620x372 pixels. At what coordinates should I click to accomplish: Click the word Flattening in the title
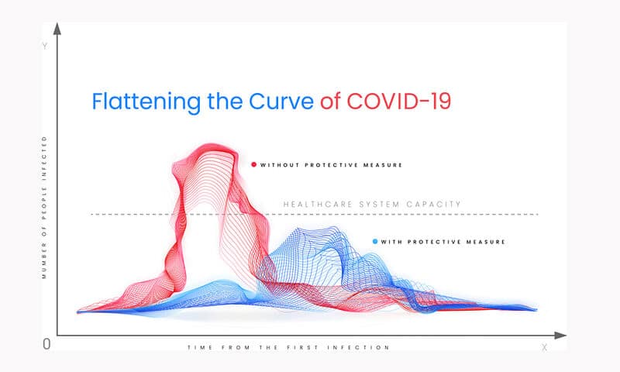tap(146, 102)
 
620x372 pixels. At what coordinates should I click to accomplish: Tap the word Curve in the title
tap(281, 102)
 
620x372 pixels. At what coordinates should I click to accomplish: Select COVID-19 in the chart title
tap(399, 102)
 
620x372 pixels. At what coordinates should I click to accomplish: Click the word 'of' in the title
tap(330, 102)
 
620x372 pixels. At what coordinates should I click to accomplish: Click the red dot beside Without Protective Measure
tap(254, 164)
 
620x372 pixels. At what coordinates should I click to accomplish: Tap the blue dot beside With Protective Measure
tap(375, 241)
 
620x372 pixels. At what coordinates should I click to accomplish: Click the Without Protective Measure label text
tap(331, 165)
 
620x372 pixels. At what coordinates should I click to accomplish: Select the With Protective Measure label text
tap(443, 242)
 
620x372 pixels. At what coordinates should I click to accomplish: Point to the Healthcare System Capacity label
tap(372, 205)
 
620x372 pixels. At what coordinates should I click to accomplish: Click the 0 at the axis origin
tap(46, 344)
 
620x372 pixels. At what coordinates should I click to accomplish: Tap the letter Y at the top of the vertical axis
tap(45, 46)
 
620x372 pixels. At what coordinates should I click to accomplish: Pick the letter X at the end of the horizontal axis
tap(545, 347)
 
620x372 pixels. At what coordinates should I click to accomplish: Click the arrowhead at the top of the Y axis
tap(57, 29)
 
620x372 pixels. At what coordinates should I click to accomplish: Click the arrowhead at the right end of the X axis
tap(560, 336)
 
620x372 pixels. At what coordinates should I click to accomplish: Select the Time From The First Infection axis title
tap(288, 347)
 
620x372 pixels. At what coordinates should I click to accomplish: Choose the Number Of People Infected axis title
tap(44, 207)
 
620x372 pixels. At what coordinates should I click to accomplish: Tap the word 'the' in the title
tap(225, 102)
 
